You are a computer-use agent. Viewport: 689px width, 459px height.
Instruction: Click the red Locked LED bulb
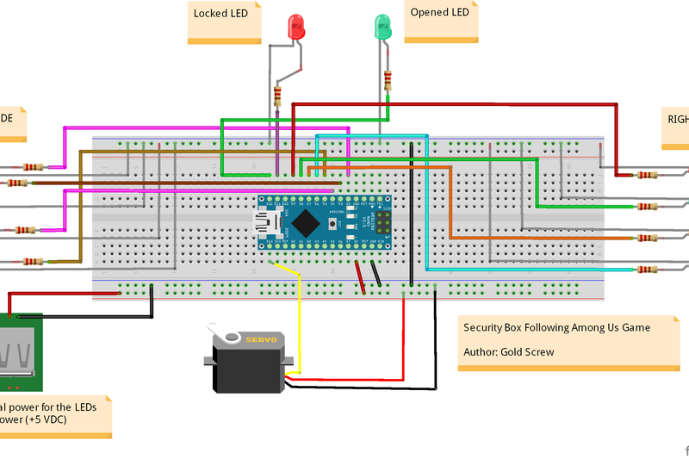point(297,27)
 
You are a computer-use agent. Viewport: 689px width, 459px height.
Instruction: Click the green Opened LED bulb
point(381,27)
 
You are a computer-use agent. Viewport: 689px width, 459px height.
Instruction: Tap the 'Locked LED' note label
point(220,14)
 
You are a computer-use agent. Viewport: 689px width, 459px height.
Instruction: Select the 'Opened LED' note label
point(439,13)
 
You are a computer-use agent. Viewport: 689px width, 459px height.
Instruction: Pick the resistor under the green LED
point(388,81)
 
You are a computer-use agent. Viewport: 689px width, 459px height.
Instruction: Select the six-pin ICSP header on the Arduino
point(379,220)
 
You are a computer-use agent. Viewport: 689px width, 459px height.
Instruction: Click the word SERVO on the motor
point(261,340)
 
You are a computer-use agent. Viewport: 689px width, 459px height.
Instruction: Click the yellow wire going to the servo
point(299,319)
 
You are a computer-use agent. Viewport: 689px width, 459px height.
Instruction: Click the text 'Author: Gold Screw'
point(508,352)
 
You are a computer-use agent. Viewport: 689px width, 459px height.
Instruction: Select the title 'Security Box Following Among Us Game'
point(556,328)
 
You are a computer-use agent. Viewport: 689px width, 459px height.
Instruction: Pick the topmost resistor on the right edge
point(644,175)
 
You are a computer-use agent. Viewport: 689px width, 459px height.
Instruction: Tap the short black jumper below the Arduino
point(376,275)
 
